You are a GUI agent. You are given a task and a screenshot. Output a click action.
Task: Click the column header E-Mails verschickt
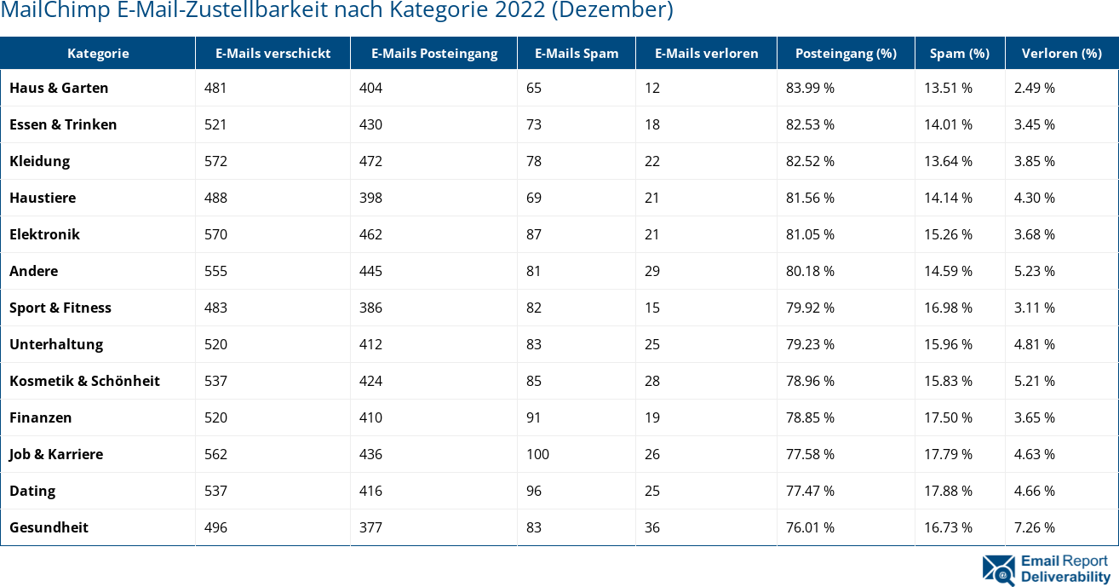[273, 53]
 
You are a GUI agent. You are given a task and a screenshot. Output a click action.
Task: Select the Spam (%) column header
[959, 53]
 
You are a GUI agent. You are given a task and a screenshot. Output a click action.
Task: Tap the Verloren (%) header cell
[1061, 53]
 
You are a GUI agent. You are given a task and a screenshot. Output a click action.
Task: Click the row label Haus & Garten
[59, 88]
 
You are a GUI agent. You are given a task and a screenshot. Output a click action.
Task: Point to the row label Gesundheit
[49, 527]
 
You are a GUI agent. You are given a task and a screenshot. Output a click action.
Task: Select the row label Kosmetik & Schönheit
[84, 381]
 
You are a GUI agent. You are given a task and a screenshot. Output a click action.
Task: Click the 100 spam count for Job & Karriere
[537, 454]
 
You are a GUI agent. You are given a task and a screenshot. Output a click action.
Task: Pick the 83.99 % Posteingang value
[810, 88]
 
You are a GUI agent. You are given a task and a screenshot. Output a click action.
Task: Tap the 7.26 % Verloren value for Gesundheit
[1035, 527]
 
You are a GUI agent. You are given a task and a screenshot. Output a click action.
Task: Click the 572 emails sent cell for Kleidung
[215, 161]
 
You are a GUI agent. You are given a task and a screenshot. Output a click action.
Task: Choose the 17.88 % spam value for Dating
[949, 491]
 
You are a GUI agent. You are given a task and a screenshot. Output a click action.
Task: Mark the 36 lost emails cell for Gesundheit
[652, 527]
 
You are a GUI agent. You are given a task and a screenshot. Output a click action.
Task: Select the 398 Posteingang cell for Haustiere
[370, 198]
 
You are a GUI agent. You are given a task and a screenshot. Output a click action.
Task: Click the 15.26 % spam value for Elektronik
[949, 234]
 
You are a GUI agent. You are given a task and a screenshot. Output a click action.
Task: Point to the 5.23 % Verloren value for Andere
[1035, 271]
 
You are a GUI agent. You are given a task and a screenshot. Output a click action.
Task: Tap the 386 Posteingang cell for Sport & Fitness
[370, 308]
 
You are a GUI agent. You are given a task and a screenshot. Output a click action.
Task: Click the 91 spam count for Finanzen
[534, 417]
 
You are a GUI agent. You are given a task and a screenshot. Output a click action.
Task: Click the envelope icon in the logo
[998, 570]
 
